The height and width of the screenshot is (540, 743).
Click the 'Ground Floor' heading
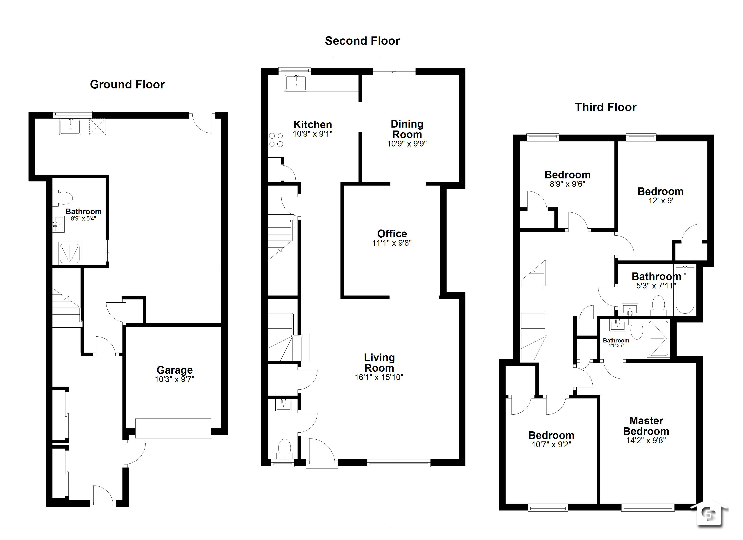point(127,85)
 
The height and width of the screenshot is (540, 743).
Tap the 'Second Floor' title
point(362,41)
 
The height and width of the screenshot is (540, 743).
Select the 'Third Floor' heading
point(605,107)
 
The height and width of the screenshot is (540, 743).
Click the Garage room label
point(175,370)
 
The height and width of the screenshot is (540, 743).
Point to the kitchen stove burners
point(276,140)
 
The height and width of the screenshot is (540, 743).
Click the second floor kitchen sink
point(296,83)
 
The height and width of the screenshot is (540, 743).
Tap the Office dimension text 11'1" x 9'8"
point(392,243)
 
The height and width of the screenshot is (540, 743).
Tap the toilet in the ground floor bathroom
point(62,198)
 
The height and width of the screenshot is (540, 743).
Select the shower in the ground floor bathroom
point(69,253)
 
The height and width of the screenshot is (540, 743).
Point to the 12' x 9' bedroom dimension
point(660,201)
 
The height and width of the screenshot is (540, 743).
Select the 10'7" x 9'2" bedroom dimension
point(551,444)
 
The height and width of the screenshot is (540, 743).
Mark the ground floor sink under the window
point(70,127)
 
